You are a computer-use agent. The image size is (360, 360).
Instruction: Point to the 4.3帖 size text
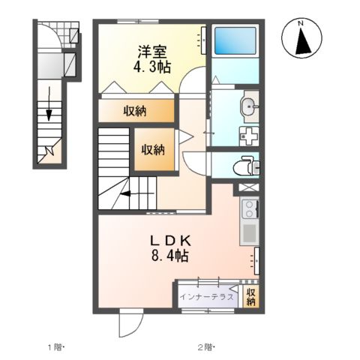tap(151, 67)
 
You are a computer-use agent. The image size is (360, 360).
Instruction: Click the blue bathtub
tap(234, 42)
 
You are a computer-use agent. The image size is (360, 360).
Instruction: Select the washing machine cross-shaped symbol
tap(247, 136)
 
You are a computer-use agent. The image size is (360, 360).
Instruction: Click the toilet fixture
tap(246, 165)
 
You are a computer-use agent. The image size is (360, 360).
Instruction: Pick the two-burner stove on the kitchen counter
tap(248, 207)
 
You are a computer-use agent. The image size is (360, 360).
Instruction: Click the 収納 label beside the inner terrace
tap(251, 296)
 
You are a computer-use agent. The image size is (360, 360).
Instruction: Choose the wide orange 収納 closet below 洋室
tap(136, 111)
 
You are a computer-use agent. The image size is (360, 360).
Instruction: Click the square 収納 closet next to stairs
tap(153, 148)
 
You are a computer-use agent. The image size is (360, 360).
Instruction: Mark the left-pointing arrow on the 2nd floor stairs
tap(125, 194)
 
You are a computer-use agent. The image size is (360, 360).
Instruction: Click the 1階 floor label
tap(57, 346)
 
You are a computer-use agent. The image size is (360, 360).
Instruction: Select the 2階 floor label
tap(205, 346)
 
